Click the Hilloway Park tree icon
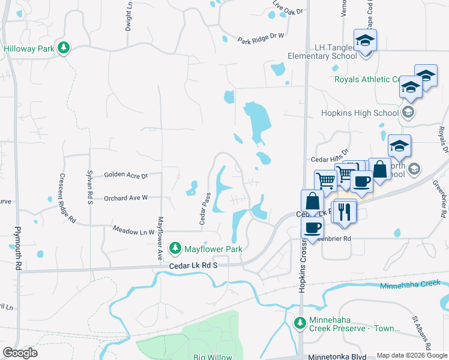(63, 47)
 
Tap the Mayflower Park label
(212, 248)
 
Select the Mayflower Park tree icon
(175, 248)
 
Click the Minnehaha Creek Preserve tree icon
(301, 323)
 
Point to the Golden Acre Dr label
(125, 175)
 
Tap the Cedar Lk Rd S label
(192, 265)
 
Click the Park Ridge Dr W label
(260, 39)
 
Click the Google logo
(19, 353)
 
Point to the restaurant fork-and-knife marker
(344, 212)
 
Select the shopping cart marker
(325, 179)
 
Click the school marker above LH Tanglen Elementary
(364, 41)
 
